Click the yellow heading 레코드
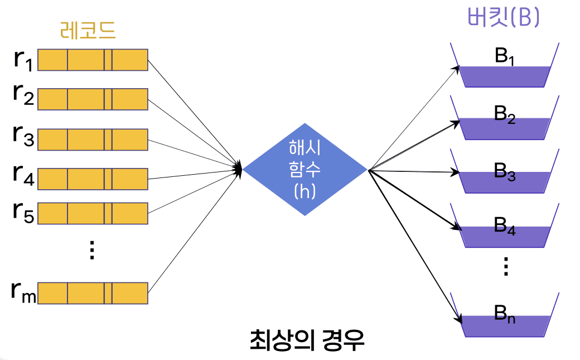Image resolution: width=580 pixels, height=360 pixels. [x=88, y=30]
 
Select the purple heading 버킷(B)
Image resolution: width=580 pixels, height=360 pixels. [x=504, y=18]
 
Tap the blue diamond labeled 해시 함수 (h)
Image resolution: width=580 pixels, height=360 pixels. [x=304, y=169]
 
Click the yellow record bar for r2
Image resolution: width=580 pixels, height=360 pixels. [x=93, y=99]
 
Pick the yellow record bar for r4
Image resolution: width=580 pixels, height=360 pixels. [x=93, y=178]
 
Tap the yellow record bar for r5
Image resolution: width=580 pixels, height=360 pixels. [x=93, y=214]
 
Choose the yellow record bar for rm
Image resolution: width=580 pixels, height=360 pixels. [x=93, y=292]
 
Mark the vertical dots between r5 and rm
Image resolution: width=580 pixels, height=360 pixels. [x=93, y=251]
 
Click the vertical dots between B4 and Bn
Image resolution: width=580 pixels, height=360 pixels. [x=506, y=267]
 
